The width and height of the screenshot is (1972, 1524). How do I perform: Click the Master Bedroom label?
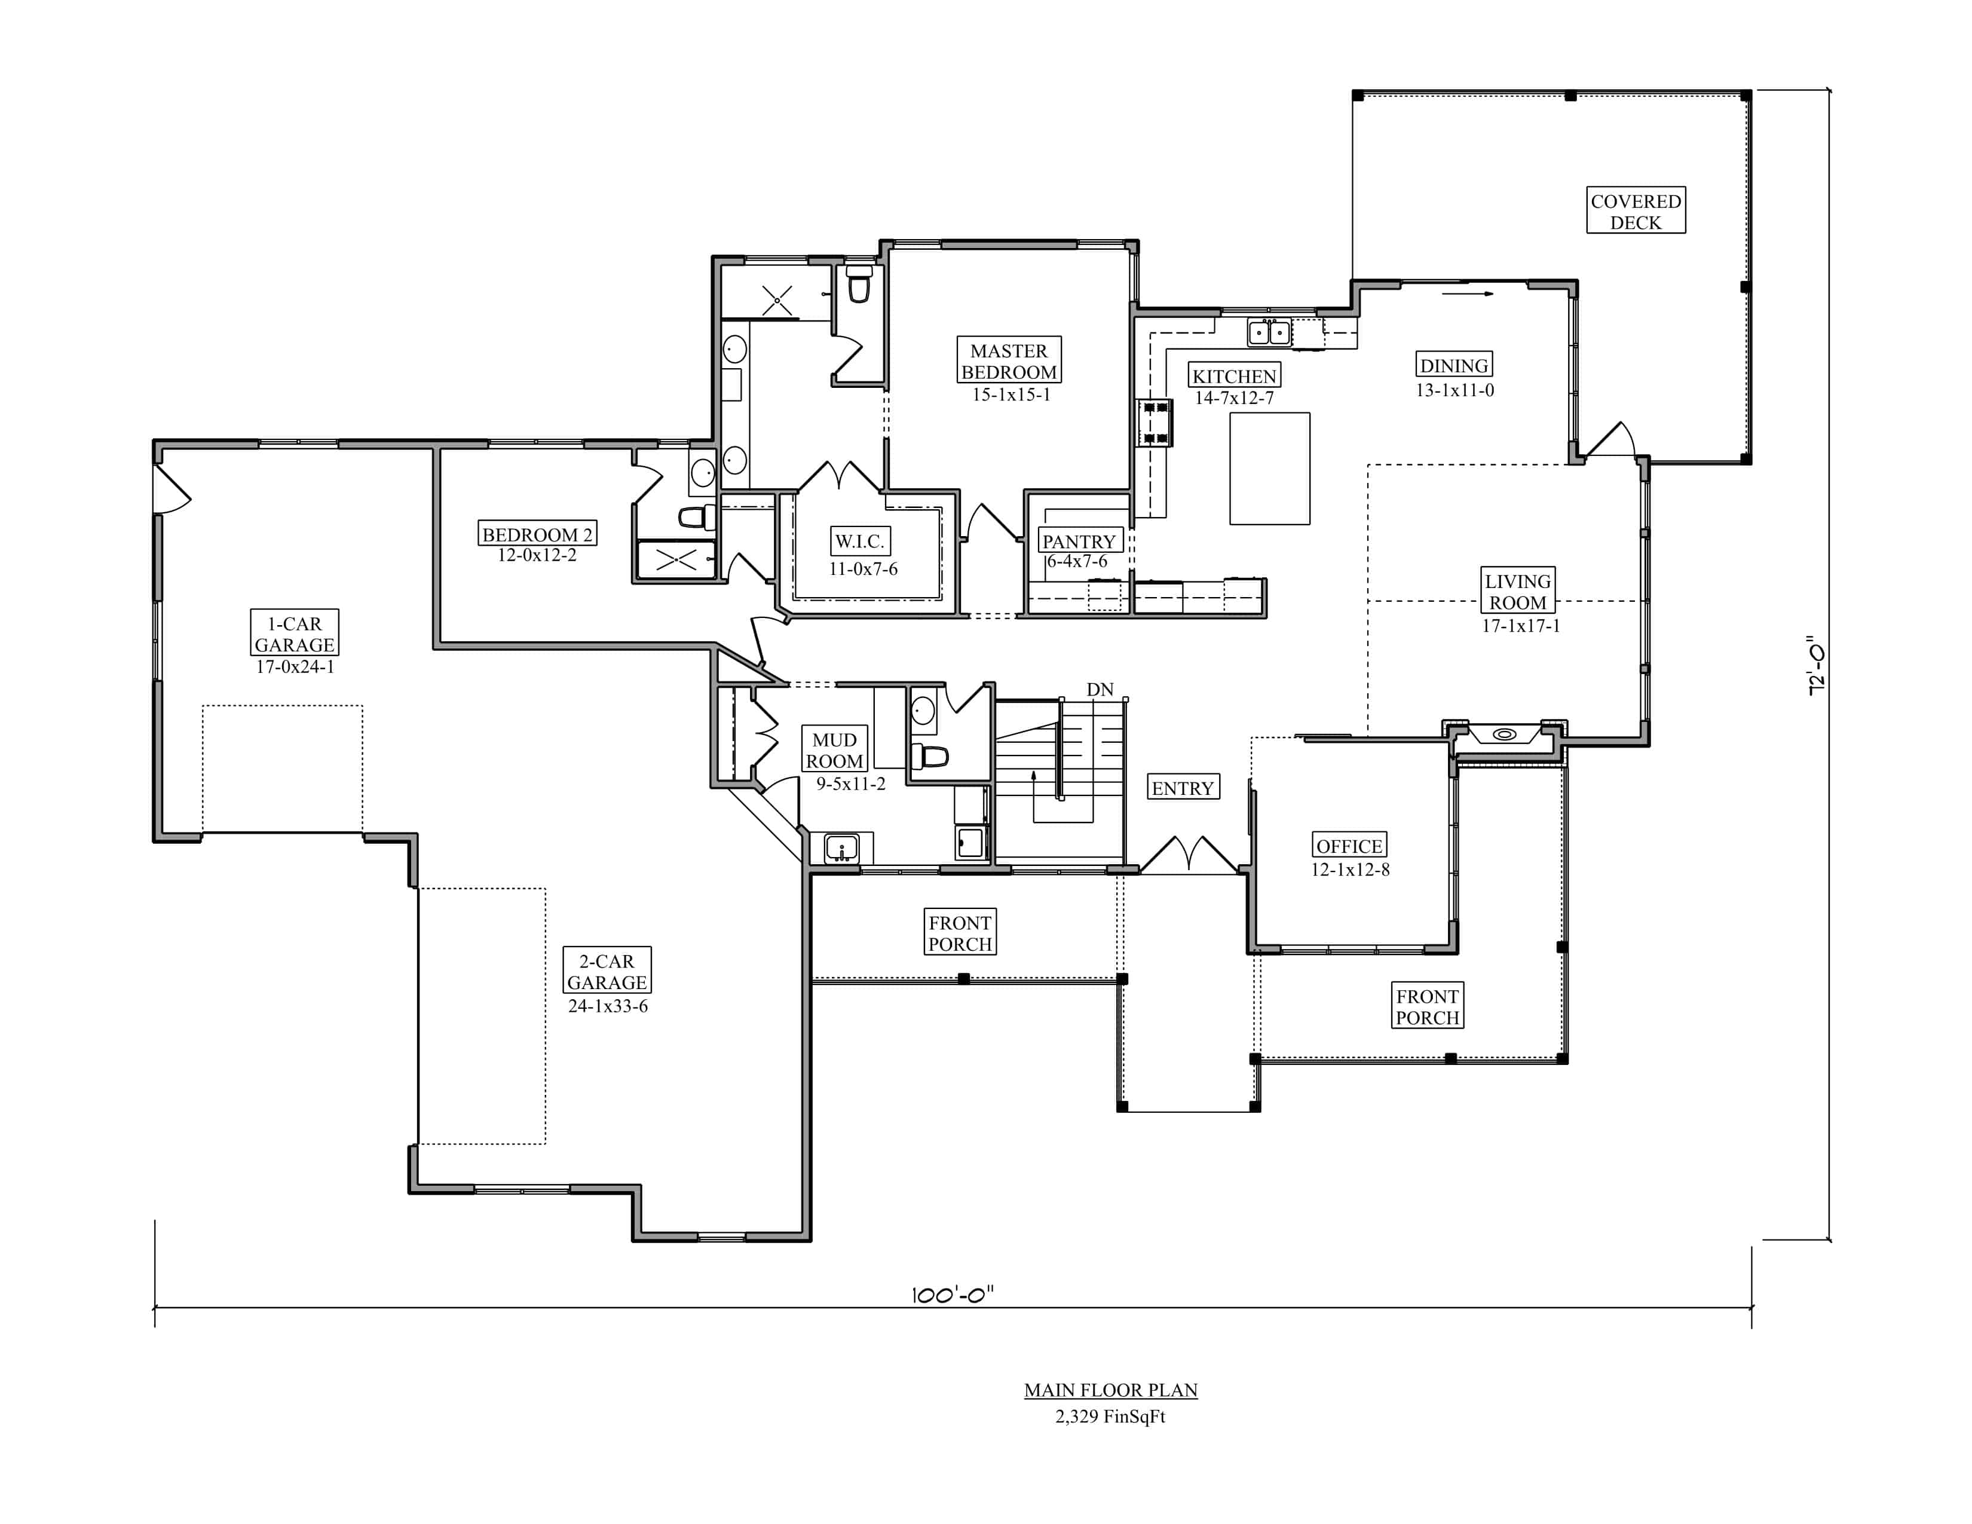coord(1009,361)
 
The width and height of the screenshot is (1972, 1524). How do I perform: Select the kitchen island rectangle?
coord(1269,469)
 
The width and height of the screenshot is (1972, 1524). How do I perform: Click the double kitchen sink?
coord(1269,332)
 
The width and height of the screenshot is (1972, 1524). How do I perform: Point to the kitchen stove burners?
coord(1156,423)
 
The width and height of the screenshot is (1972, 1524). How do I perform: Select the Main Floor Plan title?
coord(1111,1390)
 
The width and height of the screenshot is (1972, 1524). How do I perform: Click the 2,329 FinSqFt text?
coord(1111,1416)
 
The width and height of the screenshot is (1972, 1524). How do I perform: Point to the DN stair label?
coord(1100,690)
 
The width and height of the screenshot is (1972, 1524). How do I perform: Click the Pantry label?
coord(1079,541)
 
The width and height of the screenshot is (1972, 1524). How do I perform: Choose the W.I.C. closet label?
coord(859,541)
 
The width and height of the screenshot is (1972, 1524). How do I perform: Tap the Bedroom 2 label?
coord(537,534)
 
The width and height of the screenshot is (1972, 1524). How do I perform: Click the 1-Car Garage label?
coord(295,634)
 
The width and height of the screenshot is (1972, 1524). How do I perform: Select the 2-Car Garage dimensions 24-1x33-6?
coord(608,1006)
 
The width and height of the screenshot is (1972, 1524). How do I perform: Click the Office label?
coord(1349,846)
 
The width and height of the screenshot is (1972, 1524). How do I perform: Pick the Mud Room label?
coord(834,750)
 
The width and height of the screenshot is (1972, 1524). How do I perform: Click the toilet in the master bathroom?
coord(859,283)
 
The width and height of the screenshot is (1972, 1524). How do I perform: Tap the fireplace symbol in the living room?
coord(1504,734)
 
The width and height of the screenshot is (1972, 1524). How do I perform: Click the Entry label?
coord(1183,788)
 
